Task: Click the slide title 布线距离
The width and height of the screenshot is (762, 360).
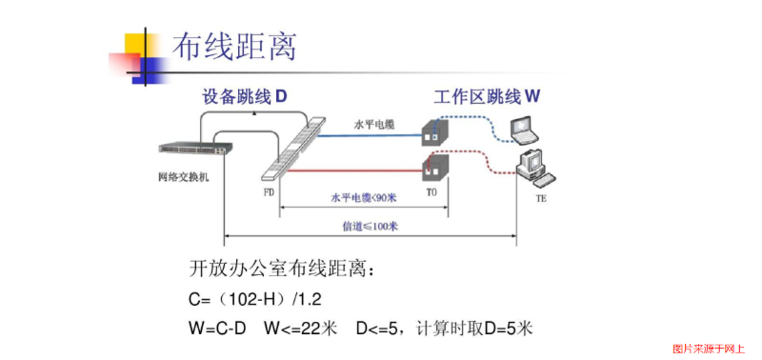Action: (233, 45)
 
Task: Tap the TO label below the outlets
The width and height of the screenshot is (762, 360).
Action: (431, 191)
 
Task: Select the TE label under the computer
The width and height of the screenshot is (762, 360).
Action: (541, 199)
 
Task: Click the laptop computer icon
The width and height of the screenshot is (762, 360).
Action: (526, 128)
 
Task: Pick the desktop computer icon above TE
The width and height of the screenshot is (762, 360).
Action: (533, 168)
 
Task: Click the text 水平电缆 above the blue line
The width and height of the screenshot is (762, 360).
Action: (372, 124)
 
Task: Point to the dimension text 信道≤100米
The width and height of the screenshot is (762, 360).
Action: (370, 227)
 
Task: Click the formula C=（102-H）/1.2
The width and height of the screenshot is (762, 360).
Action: (255, 299)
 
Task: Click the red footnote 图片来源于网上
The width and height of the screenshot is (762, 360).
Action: (709, 349)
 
